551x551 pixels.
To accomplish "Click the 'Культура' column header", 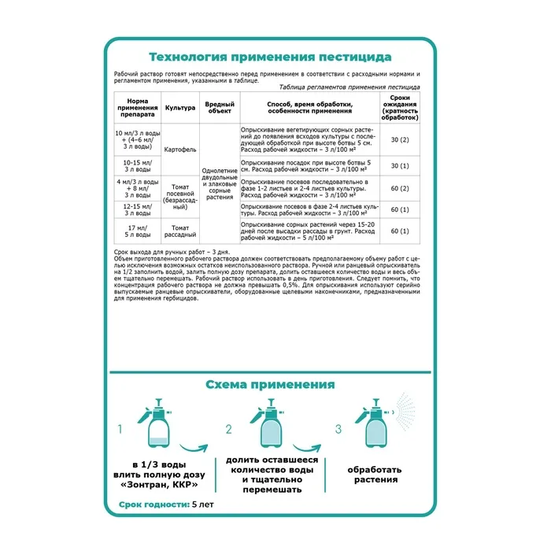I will [x=179, y=106].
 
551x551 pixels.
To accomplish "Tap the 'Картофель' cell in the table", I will [x=179, y=148].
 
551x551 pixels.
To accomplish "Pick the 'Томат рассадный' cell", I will [x=179, y=231].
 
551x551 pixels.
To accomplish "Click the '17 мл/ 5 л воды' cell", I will [x=131, y=231].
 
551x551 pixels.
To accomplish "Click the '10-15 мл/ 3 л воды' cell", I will [x=131, y=165].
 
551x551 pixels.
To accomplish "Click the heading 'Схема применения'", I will [x=270, y=384].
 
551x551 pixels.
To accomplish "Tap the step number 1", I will [x=121, y=430].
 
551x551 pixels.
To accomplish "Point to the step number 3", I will [x=338, y=430].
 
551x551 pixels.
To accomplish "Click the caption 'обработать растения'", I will [x=375, y=473].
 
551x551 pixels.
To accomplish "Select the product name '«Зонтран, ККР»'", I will [x=163, y=485].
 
